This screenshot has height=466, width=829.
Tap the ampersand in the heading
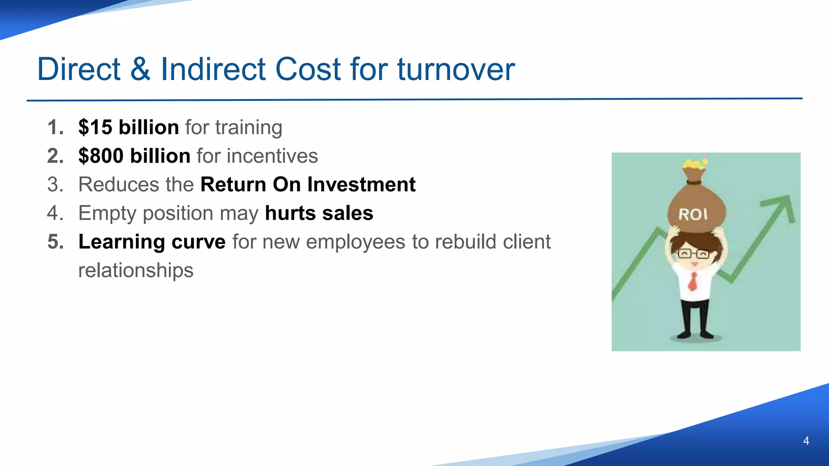click(140, 70)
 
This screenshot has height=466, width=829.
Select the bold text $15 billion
click(128, 127)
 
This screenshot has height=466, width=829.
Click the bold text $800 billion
click(134, 156)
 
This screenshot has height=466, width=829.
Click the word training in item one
click(249, 128)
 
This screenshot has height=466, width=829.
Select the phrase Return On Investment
click(308, 184)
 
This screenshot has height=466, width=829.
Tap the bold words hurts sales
click(319, 213)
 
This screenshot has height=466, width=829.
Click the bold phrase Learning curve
click(152, 242)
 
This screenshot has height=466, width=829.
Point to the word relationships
click(136, 270)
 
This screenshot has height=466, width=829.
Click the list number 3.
click(55, 184)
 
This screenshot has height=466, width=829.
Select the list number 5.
click(55, 242)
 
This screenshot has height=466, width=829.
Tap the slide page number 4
click(806, 441)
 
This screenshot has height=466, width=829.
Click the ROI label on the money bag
click(693, 214)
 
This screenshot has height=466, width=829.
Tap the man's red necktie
click(693, 282)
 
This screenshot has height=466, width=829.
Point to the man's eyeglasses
click(693, 254)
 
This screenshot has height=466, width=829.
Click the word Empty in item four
click(105, 213)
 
